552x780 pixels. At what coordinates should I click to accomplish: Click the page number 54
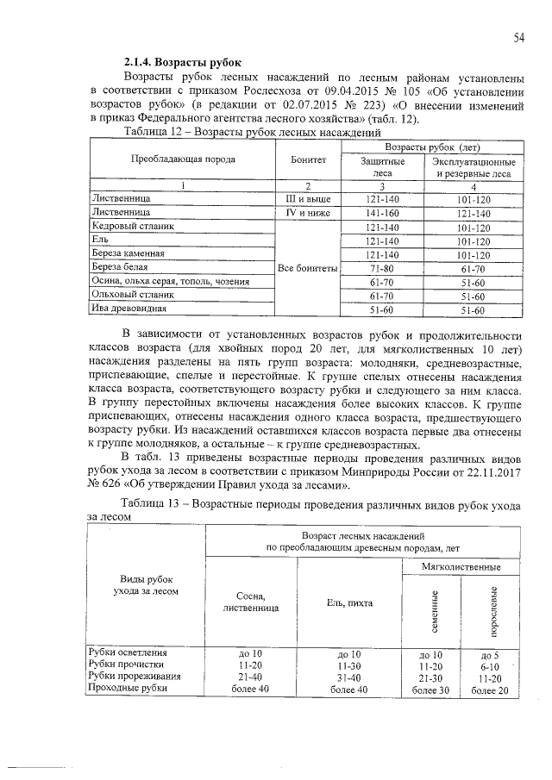520,37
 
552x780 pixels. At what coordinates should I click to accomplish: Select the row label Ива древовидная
129,308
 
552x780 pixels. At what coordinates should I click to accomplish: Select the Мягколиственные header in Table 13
462,570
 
